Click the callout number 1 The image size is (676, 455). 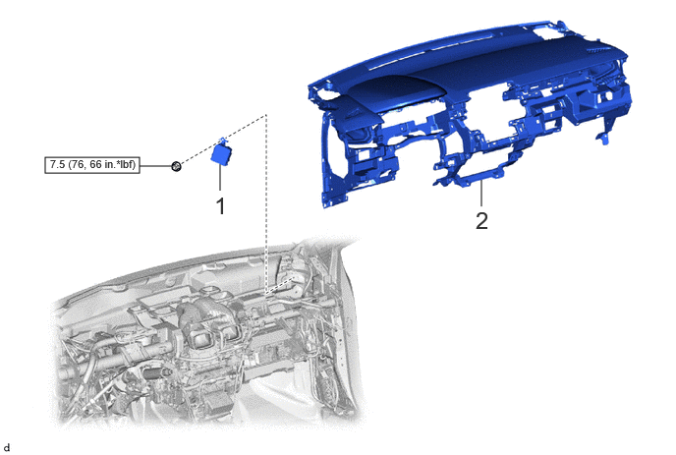click(x=220, y=206)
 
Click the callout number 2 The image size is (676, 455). click(x=481, y=220)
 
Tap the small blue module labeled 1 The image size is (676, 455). click(x=222, y=151)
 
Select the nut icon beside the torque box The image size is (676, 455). click(x=176, y=166)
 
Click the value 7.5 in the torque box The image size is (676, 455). click(x=58, y=165)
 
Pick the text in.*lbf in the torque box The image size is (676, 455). click(x=118, y=165)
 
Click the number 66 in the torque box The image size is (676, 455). click(x=95, y=165)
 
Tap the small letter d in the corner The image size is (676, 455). click(x=7, y=448)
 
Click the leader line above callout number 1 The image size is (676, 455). click(x=220, y=178)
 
